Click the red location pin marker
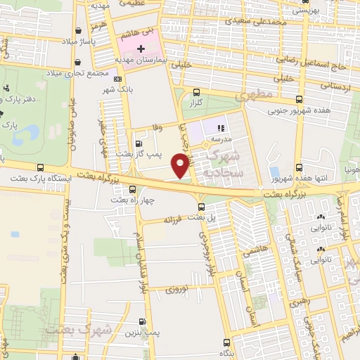[181, 165]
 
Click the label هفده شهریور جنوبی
[291, 110]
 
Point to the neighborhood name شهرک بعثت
[77, 329]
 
